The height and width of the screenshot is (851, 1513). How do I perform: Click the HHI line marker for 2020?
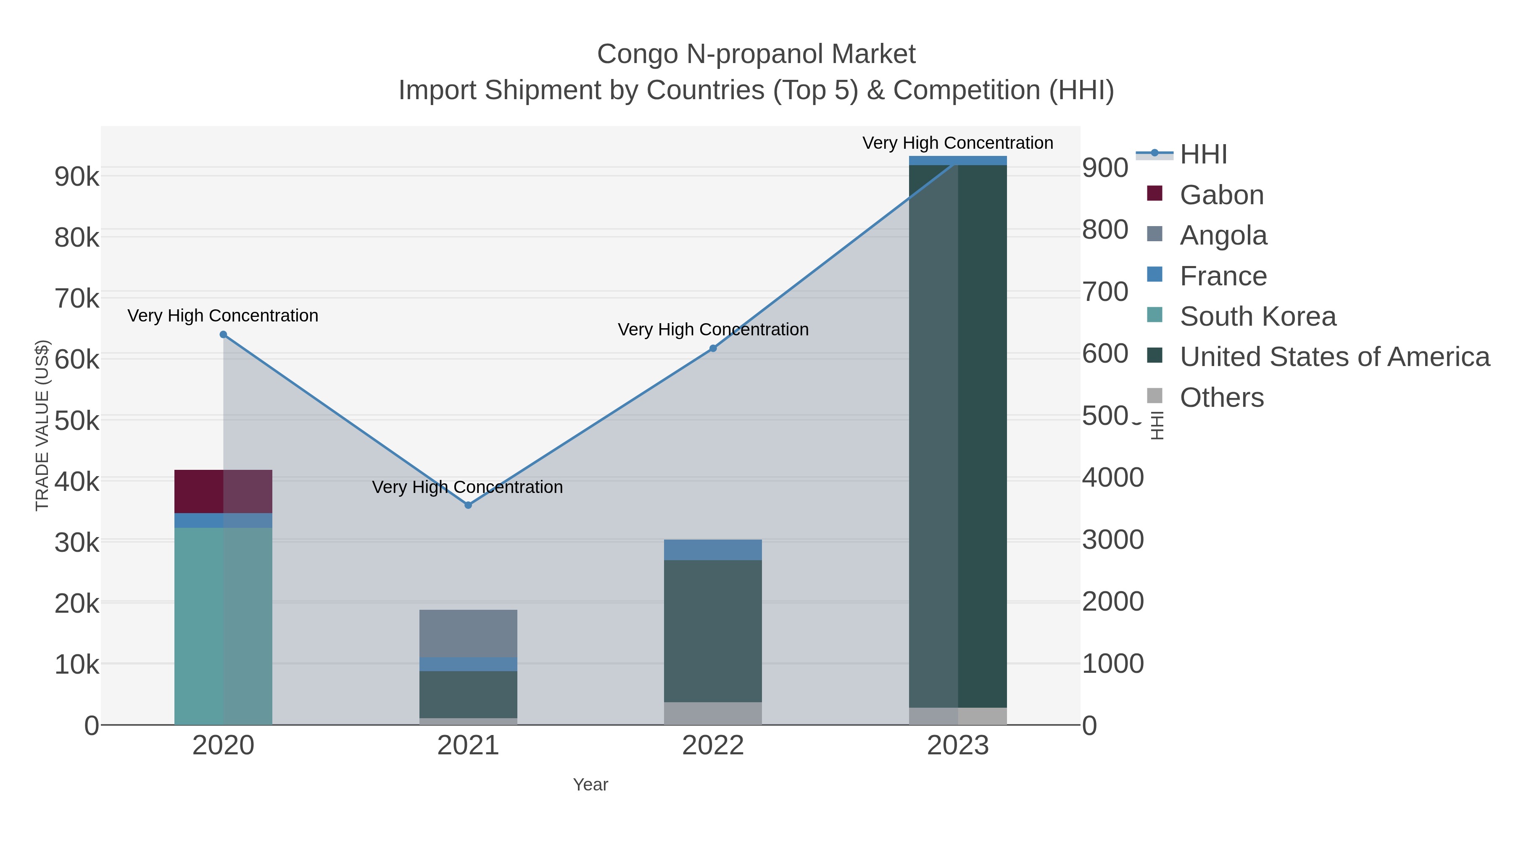[223, 335]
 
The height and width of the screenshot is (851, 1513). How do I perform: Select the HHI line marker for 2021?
[468, 505]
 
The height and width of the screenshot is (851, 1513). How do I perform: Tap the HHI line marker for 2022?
[713, 348]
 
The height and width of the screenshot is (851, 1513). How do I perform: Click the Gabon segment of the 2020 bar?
[223, 492]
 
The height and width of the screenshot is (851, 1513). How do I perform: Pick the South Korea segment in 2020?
[223, 625]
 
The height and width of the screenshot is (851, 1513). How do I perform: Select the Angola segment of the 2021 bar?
[468, 633]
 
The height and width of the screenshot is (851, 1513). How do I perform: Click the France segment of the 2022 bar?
[713, 550]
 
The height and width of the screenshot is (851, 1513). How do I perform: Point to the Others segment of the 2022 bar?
[713, 713]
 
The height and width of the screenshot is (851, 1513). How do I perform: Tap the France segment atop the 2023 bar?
[958, 161]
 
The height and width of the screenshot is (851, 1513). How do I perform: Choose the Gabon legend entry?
[1222, 195]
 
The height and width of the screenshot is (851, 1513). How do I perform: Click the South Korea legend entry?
[1257, 316]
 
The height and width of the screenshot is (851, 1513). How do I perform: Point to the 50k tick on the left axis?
[77, 421]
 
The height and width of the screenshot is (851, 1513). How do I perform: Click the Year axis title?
[590, 785]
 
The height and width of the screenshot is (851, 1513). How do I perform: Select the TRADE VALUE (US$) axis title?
[42, 425]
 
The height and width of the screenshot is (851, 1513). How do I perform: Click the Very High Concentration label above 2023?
[957, 143]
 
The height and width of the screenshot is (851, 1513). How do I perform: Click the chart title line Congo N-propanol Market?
[756, 54]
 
